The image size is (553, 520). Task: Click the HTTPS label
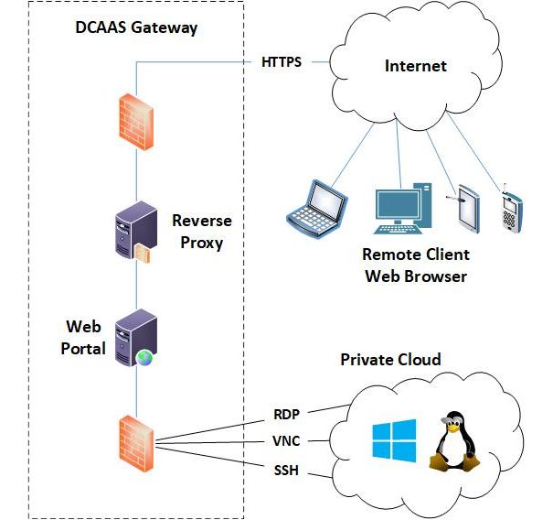pyautogui.click(x=282, y=63)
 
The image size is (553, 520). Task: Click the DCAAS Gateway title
pyautogui.click(x=136, y=27)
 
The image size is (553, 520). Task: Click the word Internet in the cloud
pyautogui.click(x=416, y=66)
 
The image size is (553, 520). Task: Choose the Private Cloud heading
pyautogui.click(x=390, y=360)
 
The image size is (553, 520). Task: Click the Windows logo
pyautogui.click(x=393, y=440)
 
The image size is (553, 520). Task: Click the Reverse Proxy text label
pyautogui.click(x=201, y=232)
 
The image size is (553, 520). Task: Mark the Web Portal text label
pyautogui.click(x=85, y=337)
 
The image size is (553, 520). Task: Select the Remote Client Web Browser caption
pyautogui.click(x=415, y=265)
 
